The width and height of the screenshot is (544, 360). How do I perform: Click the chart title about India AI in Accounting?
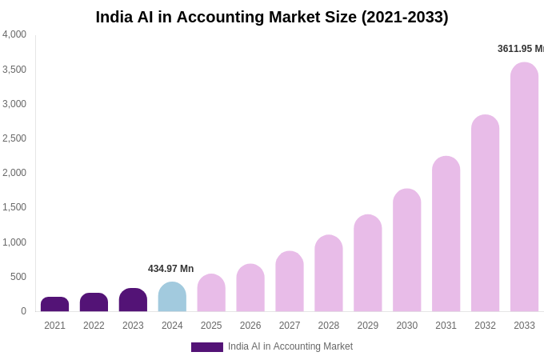(272, 17)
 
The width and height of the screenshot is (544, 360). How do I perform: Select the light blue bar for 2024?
(172, 297)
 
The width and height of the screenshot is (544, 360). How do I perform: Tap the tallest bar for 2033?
(524, 187)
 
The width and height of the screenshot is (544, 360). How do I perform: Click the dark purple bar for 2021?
(54, 305)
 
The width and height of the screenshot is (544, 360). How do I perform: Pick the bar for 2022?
(94, 302)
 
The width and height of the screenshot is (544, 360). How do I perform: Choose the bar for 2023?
(133, 300)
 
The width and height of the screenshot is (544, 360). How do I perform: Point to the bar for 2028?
(328, 274)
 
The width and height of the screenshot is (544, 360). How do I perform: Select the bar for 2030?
(406, 250)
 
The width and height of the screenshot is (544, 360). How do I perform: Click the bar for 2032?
(485, 214)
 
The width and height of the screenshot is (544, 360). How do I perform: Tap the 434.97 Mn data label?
(170, 269)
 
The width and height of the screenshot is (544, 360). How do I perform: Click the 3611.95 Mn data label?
(520, 49)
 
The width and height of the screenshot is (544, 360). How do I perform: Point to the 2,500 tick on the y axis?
(14, 138)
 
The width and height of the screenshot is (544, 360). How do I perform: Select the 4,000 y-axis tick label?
(14, 34)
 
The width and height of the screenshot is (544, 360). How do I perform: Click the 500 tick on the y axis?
(18, 277)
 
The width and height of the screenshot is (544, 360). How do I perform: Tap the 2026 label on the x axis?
(250, 326)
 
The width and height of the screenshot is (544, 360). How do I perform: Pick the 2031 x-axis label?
(446, 326)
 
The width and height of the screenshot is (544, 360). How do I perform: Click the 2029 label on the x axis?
(367, 326)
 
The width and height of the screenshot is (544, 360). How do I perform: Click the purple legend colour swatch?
(206, 347)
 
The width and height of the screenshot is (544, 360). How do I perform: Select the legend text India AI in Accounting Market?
(290, 346)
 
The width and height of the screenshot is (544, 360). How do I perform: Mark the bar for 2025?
(211, 293)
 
